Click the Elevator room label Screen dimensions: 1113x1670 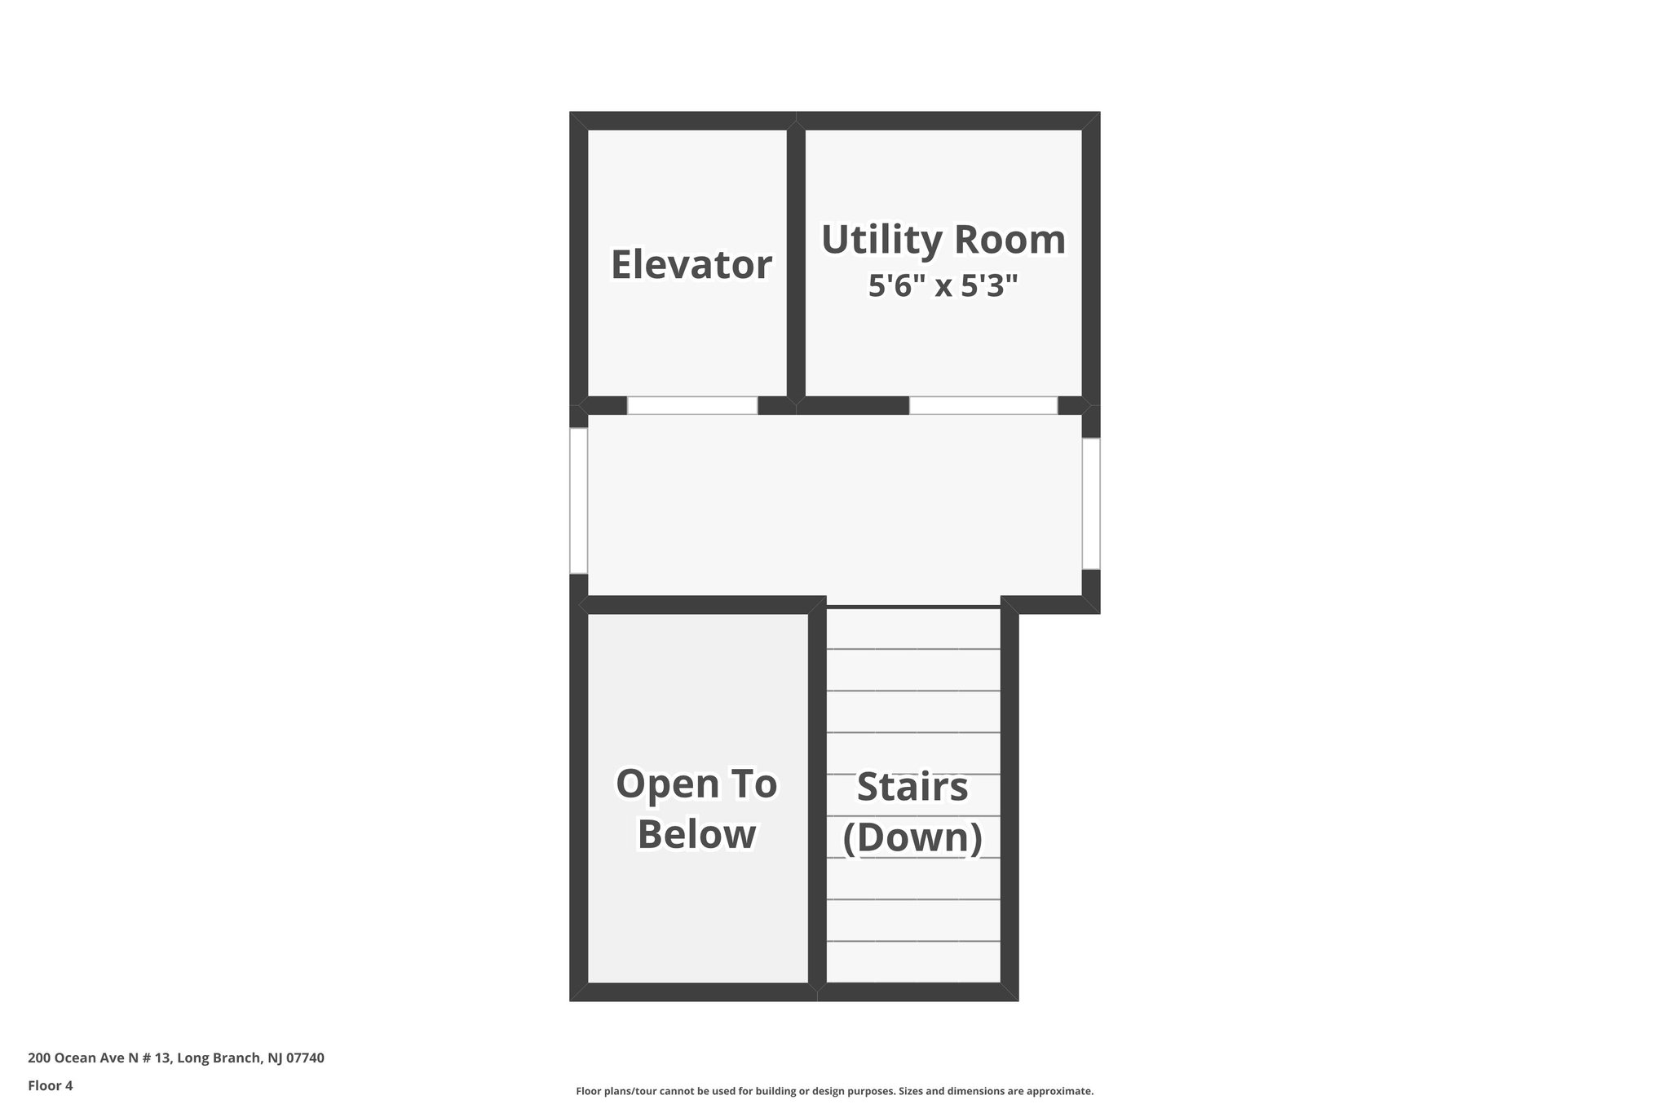[x=691, y=265]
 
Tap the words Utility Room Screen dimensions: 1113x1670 [x=943, y=240]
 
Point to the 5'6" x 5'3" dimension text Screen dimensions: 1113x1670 [x=943, y=286]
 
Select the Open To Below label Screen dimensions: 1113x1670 [x=696, y=808]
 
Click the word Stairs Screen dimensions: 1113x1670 [x=912, y=787]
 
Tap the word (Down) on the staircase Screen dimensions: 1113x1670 [x=912, y=837]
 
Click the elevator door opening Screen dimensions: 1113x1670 [x=692, y=405]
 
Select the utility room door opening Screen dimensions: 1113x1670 [x=983, y=405]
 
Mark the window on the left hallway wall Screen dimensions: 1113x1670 [x=578, y=501]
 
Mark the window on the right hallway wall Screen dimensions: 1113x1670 [x=1091, y=503]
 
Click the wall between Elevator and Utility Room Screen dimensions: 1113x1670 [x=796, y=261]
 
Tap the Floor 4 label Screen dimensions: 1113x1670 [x=51, y=1085]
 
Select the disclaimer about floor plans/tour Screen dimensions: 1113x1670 [x=834, y=1091]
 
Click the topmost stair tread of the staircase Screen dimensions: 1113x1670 [x=913, y=629]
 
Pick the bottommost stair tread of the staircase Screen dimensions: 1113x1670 [x=913, y=962]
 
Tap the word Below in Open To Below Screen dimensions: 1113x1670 [x=696, y=834]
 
